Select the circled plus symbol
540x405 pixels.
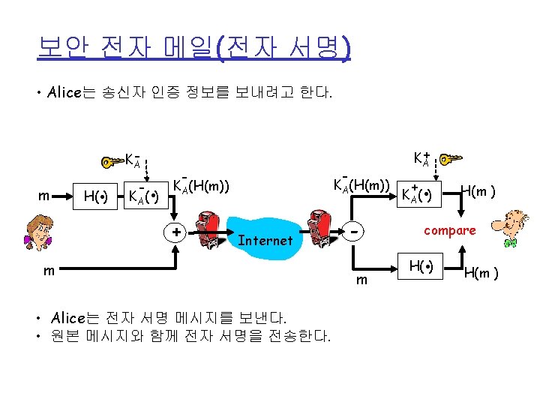click(x=175, y=232)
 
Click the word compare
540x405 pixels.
click(x=450, y=230)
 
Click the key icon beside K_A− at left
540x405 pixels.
click(x=112, y=160)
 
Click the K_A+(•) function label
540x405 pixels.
click(x=417, y=195)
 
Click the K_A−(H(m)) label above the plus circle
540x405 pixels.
click(x=200, y=184)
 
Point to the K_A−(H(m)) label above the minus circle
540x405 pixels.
click(x=361, y=184)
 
